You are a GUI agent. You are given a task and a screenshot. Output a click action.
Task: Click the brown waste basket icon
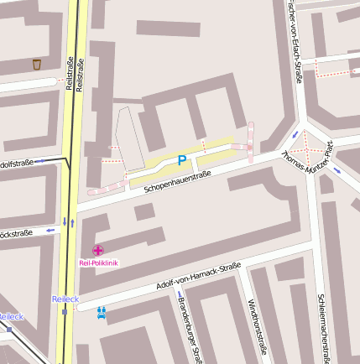tap(36, 64)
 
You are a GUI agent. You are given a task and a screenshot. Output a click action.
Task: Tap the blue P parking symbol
tap(181, 160)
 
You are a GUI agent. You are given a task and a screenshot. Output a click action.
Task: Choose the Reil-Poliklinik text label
tap(98, 263)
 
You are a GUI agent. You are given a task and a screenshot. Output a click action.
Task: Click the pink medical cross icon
tap(98, 250)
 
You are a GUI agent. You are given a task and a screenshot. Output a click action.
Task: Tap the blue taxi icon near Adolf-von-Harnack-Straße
tap(102, 313)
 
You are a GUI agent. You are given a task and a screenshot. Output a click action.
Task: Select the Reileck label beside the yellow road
tap(65, 299)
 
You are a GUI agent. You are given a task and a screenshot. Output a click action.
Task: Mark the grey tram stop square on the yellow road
tap(65, 312)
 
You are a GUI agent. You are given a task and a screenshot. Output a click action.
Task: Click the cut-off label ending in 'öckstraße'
tap(16, 233)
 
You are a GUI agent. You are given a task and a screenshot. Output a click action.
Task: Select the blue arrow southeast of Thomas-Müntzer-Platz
tap(337, 170)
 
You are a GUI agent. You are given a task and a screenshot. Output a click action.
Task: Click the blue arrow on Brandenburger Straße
tap(179, 294)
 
